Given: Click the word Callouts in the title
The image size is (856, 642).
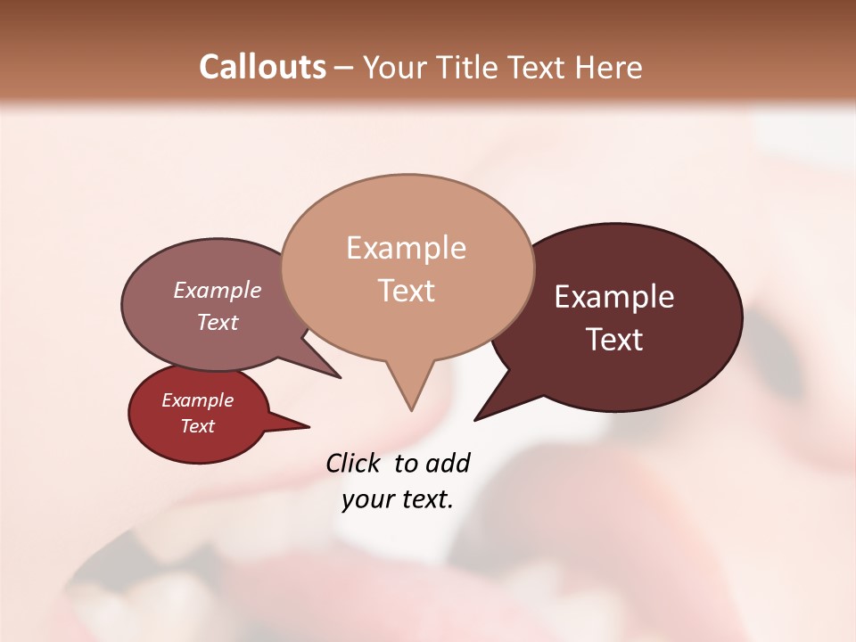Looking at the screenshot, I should coord(263,67).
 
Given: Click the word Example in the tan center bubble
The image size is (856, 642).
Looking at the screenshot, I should coord(406,248).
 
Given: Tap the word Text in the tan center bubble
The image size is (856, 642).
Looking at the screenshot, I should coord(406,291).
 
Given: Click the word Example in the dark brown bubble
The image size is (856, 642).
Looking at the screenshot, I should coord(614,297).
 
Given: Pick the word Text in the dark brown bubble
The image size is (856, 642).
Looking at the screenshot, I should coord(614,340).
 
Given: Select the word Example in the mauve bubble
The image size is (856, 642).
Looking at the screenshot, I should coord(218,290).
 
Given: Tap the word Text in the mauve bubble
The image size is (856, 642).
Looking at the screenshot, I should coord(218,322).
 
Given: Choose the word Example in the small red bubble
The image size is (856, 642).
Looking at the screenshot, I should coord(197,400).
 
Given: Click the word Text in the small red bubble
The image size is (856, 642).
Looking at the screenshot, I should coord(197,426).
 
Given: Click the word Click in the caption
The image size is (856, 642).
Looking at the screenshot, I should coord(354,463).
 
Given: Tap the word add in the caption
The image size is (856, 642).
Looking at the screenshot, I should coord(447,463).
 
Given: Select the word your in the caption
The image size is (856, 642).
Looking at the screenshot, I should coord(366,500).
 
